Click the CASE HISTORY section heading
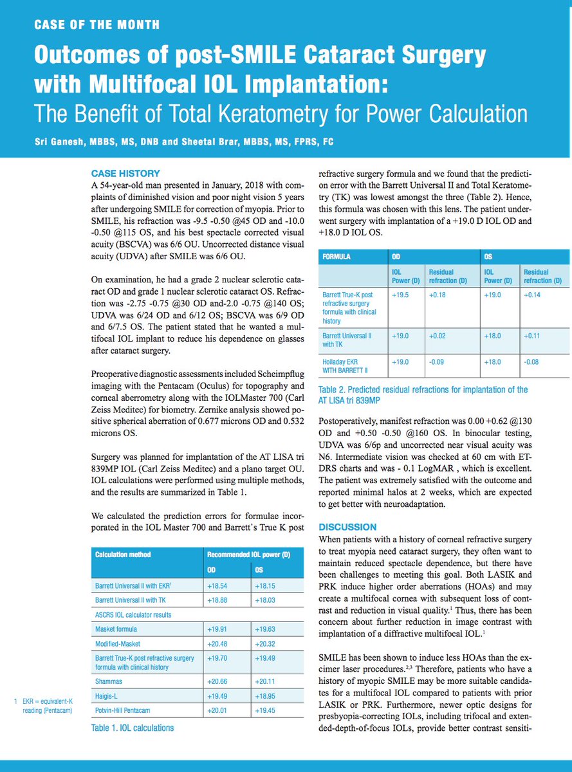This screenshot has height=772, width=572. tap(125, 174)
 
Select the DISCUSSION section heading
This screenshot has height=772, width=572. tap(348, 527)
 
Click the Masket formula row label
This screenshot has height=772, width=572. tap(116, 629)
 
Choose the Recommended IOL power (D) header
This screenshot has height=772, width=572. tap(248, 554)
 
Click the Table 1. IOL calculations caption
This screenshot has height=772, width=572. tap(132, 728)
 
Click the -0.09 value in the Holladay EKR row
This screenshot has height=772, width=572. tap(439, 362)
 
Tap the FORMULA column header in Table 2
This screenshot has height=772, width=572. tap(337, 256)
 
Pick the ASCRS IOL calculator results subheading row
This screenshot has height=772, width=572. tap(134, 614)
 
